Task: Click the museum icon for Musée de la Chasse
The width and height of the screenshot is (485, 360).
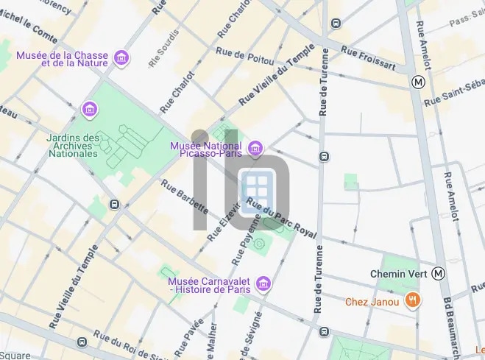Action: click(121, 57)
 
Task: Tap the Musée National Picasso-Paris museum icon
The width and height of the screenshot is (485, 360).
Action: click(255, 149)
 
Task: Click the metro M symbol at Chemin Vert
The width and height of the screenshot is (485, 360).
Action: click(439, 274)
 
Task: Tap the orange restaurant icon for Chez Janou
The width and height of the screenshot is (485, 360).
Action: click(413, 300)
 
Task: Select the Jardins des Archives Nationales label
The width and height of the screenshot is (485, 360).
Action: click(72, 146)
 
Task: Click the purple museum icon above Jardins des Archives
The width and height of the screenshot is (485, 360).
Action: click(90, 110)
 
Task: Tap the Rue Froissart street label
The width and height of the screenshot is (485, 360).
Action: click(369, 60)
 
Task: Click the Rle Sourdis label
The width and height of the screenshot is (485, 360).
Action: click(163, 49)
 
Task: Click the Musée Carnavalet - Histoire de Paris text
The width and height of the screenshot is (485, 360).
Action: click(210, 284)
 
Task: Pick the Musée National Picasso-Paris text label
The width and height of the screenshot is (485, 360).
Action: click(208, 149)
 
